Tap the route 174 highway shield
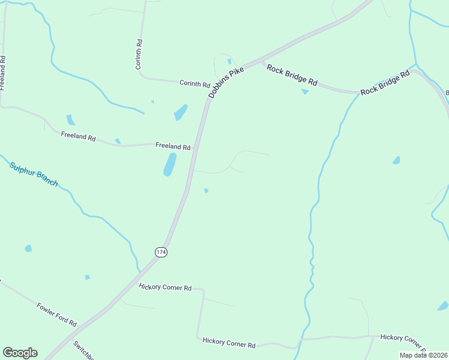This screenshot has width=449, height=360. coord(160,252)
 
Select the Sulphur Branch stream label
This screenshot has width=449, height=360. coord(34,173)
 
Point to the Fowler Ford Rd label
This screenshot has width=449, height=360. coord(56,314)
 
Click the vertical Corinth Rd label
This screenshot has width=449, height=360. coord(139,55)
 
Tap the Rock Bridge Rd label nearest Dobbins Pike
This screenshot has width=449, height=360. coord(292,74)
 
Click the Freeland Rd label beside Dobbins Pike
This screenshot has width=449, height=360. coord(173,146)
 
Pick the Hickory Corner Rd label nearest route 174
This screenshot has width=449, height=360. coord(165,287)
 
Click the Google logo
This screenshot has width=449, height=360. coord(20,353)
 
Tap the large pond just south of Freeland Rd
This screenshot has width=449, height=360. coord(170,164)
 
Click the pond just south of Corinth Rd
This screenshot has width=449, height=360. coord(180,112)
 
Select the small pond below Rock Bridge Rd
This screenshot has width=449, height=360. coord(305,91)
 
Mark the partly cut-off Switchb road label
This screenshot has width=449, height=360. coord(83,350)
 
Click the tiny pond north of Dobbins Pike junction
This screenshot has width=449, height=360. coord(229,61)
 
